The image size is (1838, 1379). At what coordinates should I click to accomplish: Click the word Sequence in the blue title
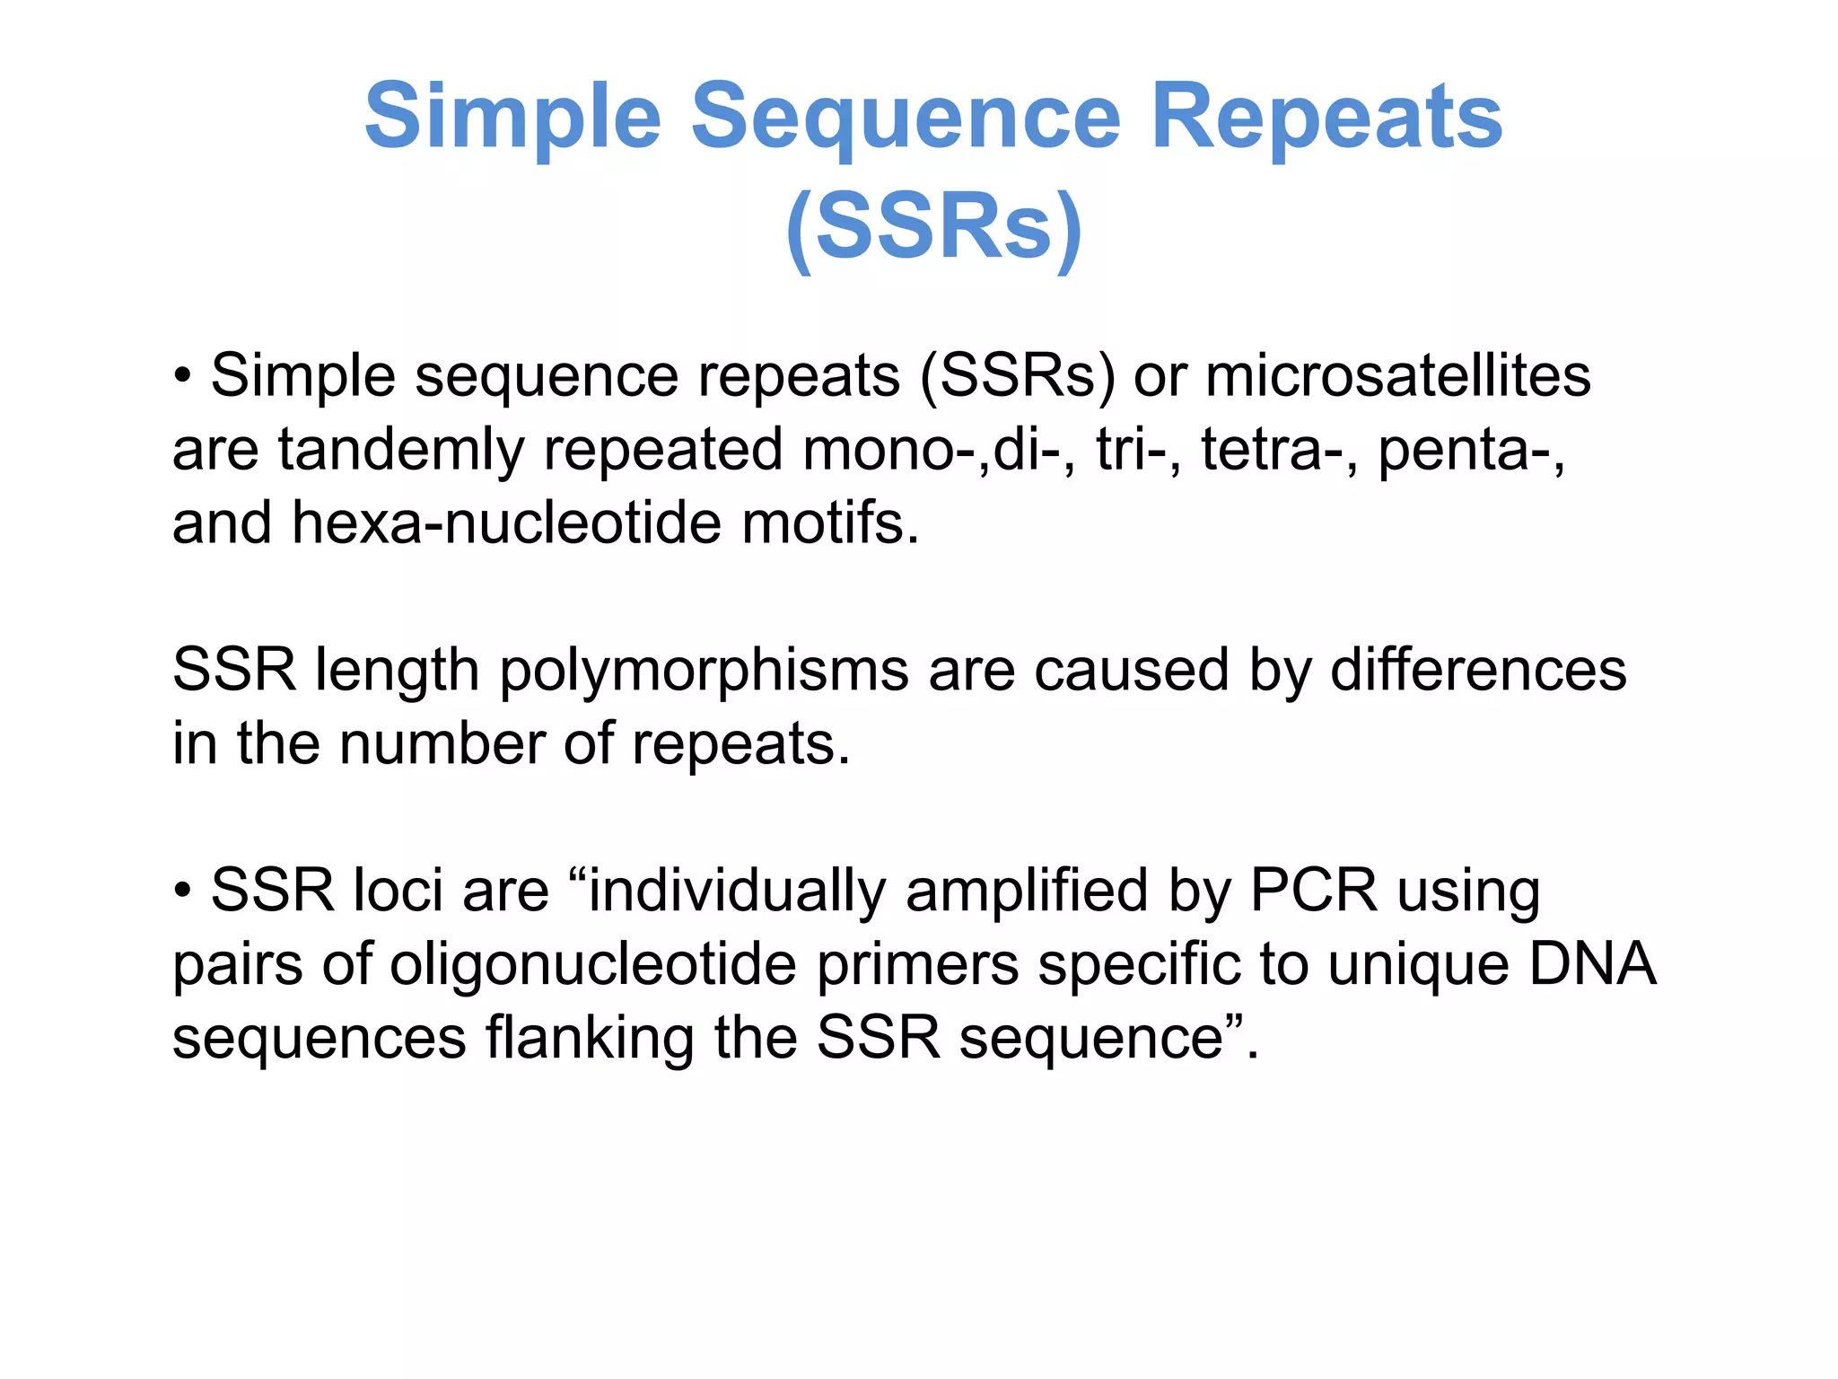click(906, 117)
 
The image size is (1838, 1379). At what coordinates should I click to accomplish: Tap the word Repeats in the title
click(1326, 117)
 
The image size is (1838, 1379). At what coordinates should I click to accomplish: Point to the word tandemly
click(400, 450)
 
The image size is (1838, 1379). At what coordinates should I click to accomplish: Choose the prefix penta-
click(1471, 450)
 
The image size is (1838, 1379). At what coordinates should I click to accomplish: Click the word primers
click(916, 966)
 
